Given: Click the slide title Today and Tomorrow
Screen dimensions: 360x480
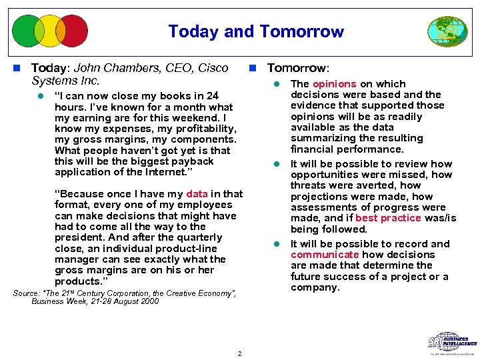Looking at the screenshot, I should pos(256,31).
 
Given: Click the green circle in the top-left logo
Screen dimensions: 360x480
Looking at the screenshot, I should pos(28,31).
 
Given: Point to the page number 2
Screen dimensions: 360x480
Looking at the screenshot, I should pos(239,353).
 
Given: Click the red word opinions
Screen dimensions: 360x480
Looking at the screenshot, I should pos(334,84).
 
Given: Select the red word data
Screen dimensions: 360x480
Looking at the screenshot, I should pos(197,194).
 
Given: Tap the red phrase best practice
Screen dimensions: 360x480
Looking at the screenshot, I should pos(388,218).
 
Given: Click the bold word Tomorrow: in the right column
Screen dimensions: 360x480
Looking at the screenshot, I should pos(297,68).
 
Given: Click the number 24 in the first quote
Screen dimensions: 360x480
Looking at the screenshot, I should pos(212,96).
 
